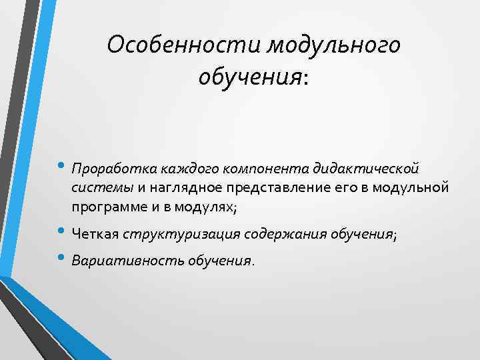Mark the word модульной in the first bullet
coord(410,187)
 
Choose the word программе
coord(107,207)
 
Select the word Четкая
coord(95,235)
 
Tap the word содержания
coord(278,235)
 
